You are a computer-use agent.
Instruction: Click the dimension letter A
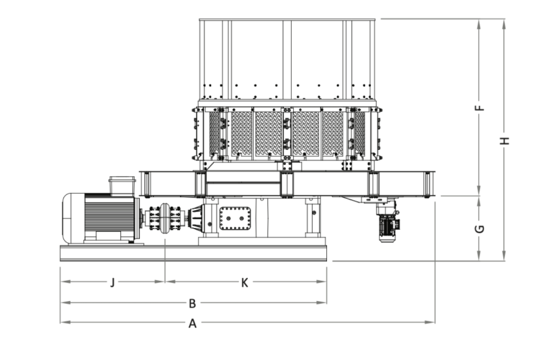(192, 323)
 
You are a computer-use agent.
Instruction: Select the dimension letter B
(192, 304)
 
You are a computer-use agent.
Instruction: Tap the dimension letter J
(113, 283)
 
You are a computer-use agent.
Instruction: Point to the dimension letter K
(245, 283)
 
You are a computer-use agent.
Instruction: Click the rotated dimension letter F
(479, 107)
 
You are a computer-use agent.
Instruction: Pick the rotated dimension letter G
(479, 229)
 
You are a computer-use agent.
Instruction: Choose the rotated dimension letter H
(504, 141)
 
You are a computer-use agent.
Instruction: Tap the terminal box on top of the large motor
(122, 185)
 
